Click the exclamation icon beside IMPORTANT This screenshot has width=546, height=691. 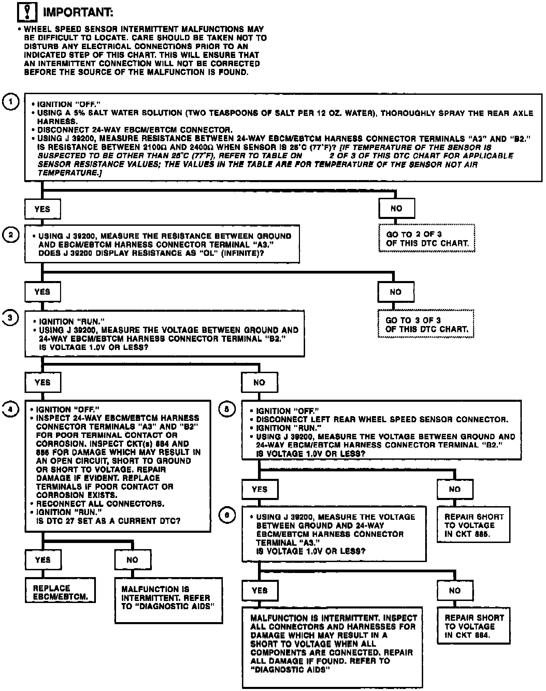pos(27,12)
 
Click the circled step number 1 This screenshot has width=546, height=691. pos(11,102)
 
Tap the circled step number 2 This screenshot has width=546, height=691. pos(11,235)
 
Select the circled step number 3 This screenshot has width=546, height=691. pos(11,318)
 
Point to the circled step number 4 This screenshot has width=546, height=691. pos(11,409)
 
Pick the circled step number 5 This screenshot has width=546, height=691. pos(227,409)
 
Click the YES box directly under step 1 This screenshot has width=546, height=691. pos(42,209)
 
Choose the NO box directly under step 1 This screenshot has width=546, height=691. pos(396,208)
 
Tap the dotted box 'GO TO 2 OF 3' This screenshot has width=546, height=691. pos(427,238)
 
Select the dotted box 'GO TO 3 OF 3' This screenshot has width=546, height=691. pos(426,324)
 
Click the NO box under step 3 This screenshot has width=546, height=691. pos(259,382)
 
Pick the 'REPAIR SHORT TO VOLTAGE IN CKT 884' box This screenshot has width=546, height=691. pos(473,626)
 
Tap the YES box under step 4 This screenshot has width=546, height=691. pos(43,560)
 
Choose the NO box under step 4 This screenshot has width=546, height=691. pos(132,560)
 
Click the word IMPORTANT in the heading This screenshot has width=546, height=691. pos(78,13)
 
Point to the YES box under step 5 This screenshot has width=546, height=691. pos(260,489)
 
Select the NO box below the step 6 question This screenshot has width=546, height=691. pos(455,590)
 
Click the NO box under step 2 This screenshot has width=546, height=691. pos(396,292)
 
